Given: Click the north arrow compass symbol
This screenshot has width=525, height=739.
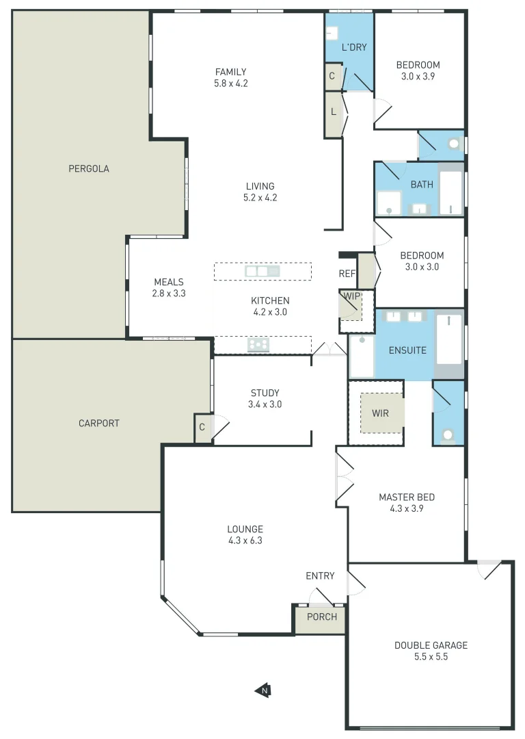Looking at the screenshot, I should (x=262, y=690).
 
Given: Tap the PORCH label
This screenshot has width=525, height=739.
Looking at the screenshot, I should (x=321, y=617).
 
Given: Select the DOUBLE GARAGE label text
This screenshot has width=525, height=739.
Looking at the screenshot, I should (x=431, y=645).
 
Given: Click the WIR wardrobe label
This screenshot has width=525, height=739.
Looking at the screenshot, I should (x=381, y=413).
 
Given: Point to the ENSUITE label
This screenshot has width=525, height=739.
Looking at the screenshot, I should (x=407, y=350).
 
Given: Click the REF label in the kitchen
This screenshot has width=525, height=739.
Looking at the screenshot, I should (x=347, y=274).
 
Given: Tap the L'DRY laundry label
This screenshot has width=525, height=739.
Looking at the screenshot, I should (x=354, y=48).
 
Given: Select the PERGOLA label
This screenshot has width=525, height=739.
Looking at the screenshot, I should (x=89, y=168).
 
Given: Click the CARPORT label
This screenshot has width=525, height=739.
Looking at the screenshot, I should (x=99, y=423).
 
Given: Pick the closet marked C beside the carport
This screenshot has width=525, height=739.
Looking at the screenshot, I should (x=202, y=428).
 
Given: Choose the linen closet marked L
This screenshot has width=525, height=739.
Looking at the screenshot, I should (x=333, y=112).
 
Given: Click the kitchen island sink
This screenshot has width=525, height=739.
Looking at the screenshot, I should (x=262, y=272).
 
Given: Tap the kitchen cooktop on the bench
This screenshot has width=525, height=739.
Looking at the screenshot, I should (x=258, y=345).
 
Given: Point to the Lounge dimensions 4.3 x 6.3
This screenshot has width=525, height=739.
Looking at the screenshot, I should (x=245, y=541).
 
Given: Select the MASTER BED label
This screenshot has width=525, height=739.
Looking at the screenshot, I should (x=407, y=497).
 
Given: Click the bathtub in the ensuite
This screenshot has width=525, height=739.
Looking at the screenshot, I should (x=449, y=339).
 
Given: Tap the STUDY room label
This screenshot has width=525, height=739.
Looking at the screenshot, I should (x=265, y=393).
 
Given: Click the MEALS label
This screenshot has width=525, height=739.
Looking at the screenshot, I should (x=169, y=282).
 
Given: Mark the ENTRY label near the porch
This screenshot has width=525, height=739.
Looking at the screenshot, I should (x=320, y=575).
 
